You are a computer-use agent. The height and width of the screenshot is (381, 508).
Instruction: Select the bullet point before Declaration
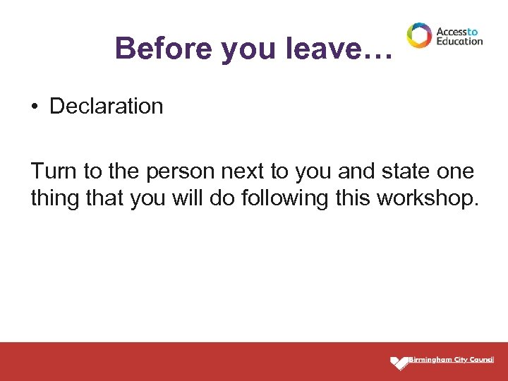[x=34, y=107]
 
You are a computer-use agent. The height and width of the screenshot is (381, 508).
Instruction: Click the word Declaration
[x=107, y=107]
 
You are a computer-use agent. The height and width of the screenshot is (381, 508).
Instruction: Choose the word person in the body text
[x=179, y=171]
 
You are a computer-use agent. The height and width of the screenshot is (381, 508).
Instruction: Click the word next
[x=244, y=171]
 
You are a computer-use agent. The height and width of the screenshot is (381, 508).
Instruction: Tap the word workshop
[x=428, y=198]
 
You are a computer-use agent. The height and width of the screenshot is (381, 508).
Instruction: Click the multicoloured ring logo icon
[x=418, y=35]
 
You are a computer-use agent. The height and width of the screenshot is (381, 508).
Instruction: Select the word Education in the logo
[x=459, y=41]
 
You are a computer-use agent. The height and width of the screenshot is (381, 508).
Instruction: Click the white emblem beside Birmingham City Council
[x=399, y=363]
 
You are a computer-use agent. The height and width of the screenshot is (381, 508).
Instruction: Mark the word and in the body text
[x=351, y=171]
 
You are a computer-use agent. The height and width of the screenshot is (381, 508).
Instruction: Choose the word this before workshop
[x=353, y=198]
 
